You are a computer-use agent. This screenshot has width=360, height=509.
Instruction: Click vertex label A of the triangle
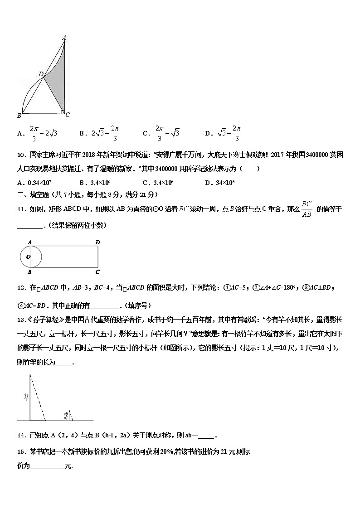pos(64,38)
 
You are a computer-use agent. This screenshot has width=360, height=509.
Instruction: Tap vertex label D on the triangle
pos(40,74)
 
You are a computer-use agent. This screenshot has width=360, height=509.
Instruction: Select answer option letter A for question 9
pos(19,133)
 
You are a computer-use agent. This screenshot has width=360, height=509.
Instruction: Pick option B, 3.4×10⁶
pos(95,183)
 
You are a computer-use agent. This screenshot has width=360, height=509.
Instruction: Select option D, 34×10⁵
pos(223,183)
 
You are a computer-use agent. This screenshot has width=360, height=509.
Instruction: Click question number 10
pos(20,155)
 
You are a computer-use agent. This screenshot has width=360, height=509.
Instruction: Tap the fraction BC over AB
pos(307,209)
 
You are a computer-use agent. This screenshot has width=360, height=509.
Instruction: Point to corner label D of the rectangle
pos(97,242)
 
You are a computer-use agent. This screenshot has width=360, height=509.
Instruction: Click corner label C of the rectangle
pos(97,272)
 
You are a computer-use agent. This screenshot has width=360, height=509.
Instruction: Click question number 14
pos(20,436)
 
